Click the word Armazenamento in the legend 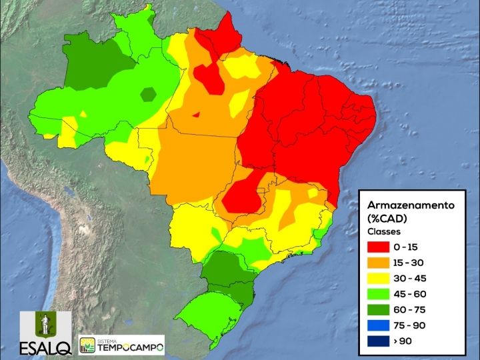click(x=411, y=205)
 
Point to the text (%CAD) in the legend click(x=386, y=219)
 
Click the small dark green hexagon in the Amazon click(x=148, y=95)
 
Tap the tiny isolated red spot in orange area click(x=196, y=114)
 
